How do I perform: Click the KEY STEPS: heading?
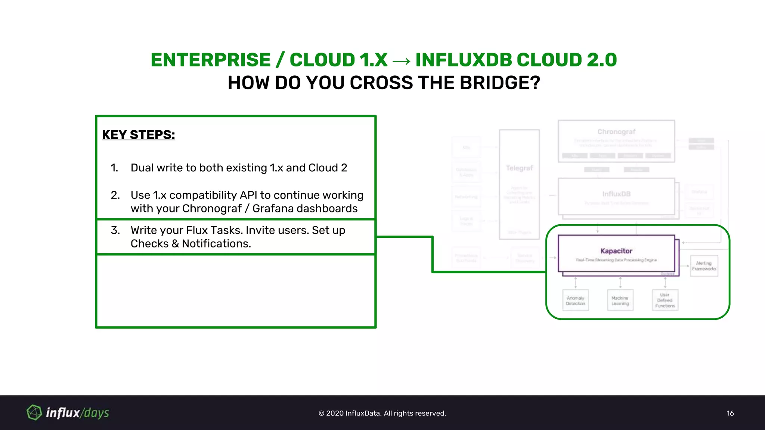[138, 135]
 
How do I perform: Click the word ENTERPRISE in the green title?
[210, 60]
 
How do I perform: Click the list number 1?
[114, 168]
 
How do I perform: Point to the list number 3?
[115, 230]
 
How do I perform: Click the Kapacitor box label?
[616, 251]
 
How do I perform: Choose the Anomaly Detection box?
[575, 300]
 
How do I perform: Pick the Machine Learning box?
[620, 300]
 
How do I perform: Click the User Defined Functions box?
[665, 300]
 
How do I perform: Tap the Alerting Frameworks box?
[704, 266]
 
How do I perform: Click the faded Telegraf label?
[519, 168]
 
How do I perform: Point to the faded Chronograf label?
[616, 132]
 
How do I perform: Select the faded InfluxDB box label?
[616, 194]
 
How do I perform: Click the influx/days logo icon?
[34, 412]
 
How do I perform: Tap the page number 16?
[730, 413]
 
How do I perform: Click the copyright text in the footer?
[382, 413]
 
